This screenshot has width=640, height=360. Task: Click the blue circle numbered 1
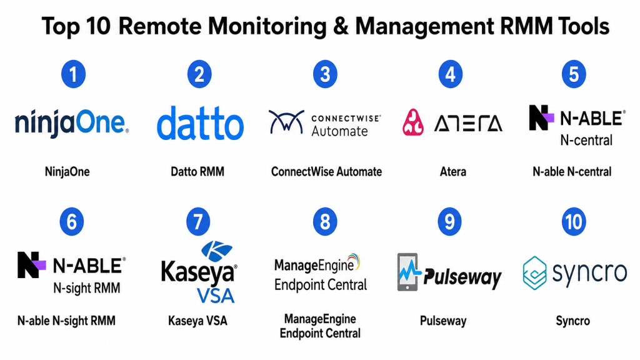coord(74,74)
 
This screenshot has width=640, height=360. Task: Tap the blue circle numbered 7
coord(198,222)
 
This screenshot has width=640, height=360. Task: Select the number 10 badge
coord(574,222)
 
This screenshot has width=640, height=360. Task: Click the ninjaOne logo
coord(72,122)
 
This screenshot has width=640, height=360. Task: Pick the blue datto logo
coord(201,123)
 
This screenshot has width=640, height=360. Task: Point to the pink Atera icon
coord(413,122)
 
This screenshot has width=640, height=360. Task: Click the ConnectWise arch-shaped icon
coord(286,122)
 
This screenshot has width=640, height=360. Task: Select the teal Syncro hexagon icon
coord(535,272)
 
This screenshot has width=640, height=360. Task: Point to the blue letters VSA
coord(216,296)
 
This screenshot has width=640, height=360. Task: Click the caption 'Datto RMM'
coord(197,171)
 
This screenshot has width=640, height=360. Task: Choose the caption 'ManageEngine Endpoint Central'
coord(320,326)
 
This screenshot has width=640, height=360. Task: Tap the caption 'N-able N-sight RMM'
coord(66,321)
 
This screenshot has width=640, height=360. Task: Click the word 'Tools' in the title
coord(584,26)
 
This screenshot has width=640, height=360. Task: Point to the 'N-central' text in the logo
coord(586,141)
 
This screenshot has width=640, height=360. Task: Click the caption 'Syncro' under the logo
coord(572,321)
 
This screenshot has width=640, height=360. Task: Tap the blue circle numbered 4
coord(451,74)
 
